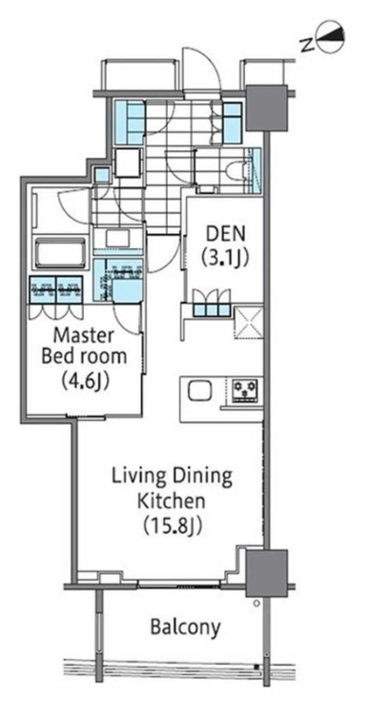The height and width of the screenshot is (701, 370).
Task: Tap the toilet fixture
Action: [x=236, y=172]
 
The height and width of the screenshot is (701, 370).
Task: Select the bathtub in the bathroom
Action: [x=60, y=253]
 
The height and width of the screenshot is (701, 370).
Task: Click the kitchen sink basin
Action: [x=198, y=392]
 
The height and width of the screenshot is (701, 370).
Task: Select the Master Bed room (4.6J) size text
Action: [x=83, y=382]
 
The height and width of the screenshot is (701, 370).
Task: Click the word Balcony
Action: [x=185, y=627]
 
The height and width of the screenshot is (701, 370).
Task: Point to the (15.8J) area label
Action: [x=174, y=525]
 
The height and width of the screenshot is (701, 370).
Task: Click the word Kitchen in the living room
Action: [x=171, y=500]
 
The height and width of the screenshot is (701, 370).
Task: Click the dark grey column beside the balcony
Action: [x=266, y=573]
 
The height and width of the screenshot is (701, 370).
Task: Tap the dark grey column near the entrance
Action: [x=266, y=108]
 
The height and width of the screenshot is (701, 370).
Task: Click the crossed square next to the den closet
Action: [x=248, y=321]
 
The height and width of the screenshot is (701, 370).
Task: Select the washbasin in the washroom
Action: [x=117, y=238]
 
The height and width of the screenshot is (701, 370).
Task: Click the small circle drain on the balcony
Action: [x=257, y=603]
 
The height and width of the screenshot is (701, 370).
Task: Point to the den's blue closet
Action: [x=212, y=309]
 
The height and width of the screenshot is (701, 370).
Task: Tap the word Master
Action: [x=84, y=335]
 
